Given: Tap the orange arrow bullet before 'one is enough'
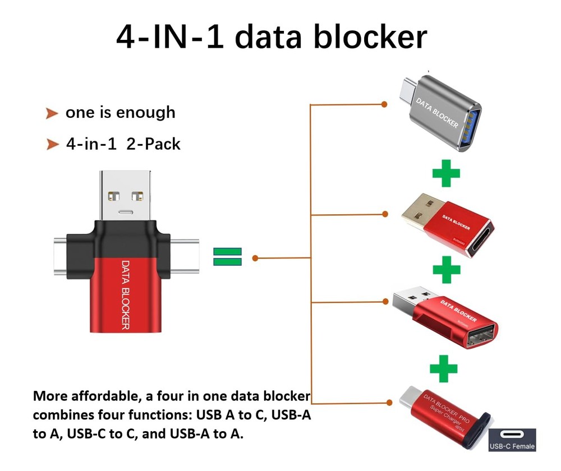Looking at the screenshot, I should pos(52,114).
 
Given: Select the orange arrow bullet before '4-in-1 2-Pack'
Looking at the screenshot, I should pos(52,145).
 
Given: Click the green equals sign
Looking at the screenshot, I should pos(227,257).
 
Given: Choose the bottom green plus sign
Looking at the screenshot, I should pos(443,368).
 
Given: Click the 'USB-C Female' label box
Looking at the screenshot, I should pos(512,440).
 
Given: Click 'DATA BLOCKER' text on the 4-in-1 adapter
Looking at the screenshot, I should pos(125,294).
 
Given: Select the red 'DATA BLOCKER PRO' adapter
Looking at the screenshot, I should pos(443,415).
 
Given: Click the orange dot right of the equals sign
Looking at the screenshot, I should pos(255,258).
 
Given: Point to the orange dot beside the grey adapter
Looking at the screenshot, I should pos(384,104).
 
